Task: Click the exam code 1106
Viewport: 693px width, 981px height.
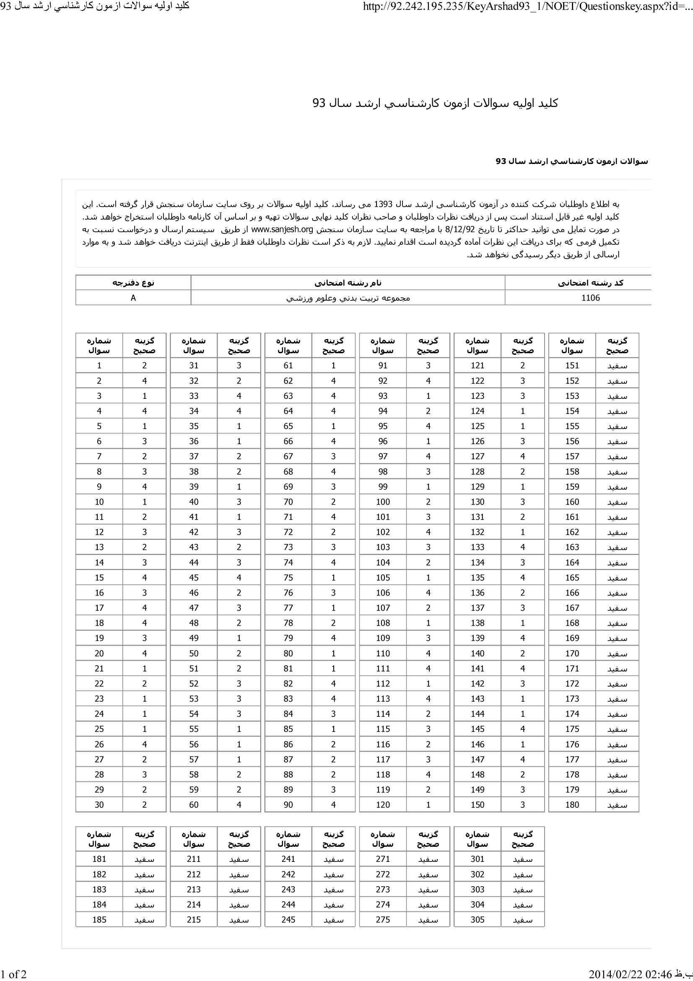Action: click(590, 298)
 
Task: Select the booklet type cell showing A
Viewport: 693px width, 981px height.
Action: click(133, 298)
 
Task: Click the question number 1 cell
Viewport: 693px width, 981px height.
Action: click(99, 365)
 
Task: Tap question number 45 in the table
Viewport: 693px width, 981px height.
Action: click(194, 577)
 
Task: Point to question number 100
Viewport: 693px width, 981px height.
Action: click(383, 502)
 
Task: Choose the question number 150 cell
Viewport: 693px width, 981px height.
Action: click(478, 804)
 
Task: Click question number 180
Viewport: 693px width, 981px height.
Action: click(572, 804)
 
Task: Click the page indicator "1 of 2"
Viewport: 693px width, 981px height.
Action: click(14, 974)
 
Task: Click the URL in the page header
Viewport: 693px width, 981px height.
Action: click(527, 6)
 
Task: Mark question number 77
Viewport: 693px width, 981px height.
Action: click(288, 608)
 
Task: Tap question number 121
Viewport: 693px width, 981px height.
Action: click(478, 365)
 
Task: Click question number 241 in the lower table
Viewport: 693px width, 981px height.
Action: click(288, 859)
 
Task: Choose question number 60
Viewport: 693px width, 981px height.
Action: click(194, 804)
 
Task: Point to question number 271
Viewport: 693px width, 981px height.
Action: click(383, 859)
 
